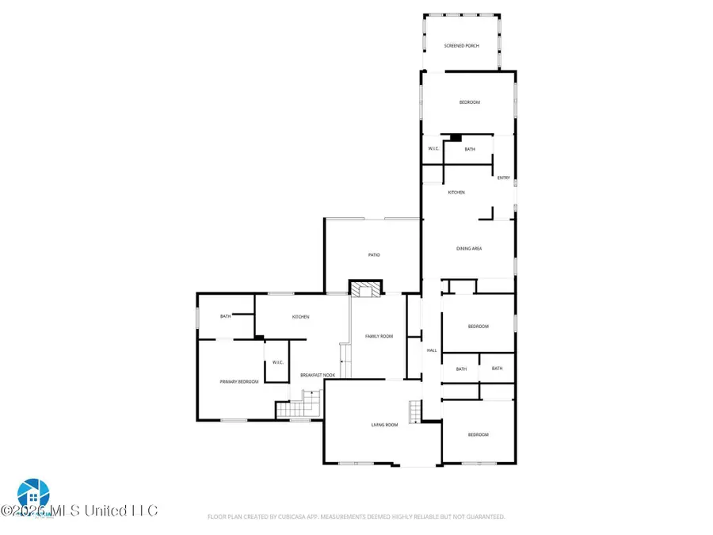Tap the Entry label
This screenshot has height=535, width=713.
point(503,178)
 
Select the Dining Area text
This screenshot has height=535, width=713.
point(468,249)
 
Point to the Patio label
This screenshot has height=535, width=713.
point(374,254)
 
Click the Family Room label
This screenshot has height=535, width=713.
point(379,336)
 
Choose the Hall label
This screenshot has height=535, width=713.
point(432,350)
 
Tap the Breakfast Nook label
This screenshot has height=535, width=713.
point(317,375)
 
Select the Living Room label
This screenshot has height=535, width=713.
point(384,426)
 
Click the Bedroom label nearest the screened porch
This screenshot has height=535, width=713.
point(470,102)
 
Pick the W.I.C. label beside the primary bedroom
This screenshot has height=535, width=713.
point(278,362)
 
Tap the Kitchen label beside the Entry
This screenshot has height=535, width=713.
point(456,193)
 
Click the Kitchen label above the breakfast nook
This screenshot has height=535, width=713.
point(300,317)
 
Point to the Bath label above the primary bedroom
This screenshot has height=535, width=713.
point(226,317)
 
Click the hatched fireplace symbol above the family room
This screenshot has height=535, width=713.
point(366,289)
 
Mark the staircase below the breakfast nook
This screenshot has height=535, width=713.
point(296,409)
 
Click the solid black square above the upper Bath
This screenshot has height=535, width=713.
point(455,137)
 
